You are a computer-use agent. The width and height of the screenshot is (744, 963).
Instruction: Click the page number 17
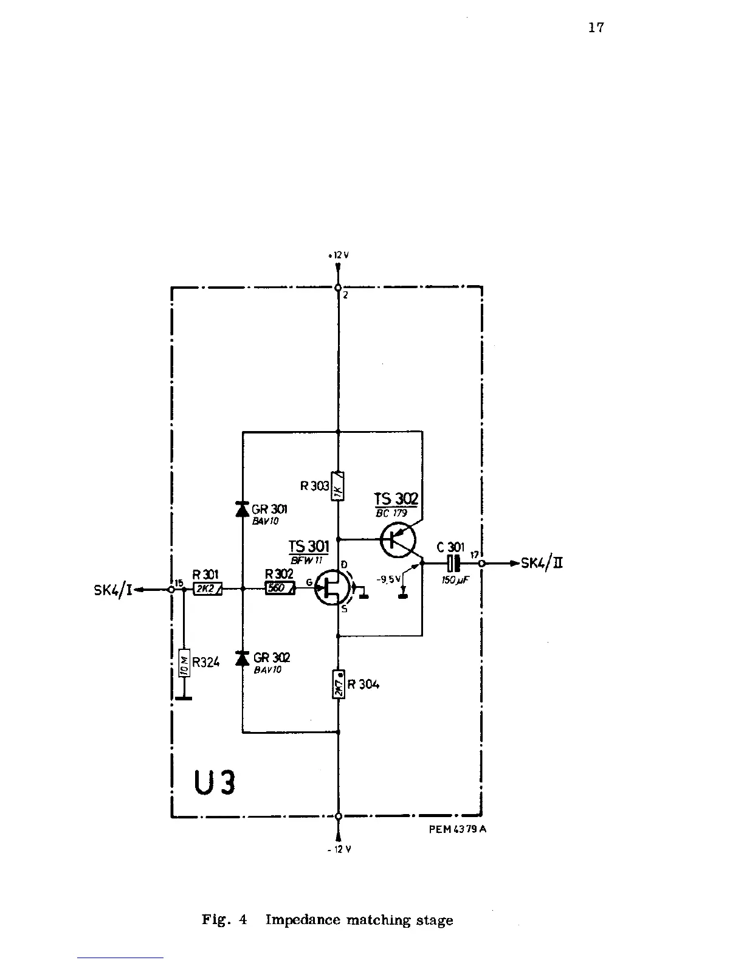point(596,27)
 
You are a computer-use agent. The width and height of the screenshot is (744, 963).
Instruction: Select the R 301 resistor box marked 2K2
point(208,589)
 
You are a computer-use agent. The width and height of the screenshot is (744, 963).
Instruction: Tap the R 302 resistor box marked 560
point(280,588)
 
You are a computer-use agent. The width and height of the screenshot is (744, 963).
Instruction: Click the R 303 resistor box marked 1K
point(338,486)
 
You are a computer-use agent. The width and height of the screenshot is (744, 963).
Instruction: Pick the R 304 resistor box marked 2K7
point(339,683)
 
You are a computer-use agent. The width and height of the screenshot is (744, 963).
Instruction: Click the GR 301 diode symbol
point(243,509)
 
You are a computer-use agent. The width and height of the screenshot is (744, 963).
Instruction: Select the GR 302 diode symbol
point(243,658)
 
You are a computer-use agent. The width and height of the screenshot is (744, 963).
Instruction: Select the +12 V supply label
point(338,255)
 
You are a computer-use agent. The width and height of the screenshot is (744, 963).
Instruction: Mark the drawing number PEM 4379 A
point(455,829)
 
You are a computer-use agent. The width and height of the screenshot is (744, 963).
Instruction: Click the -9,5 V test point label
point(388,579)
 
